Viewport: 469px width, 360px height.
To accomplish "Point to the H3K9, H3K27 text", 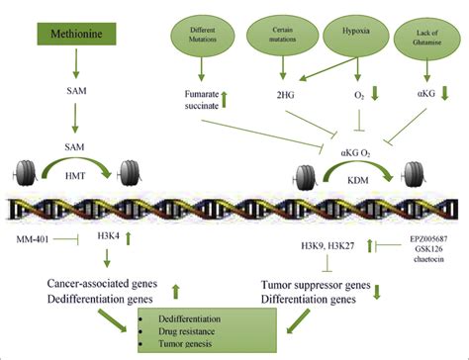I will (x=329, y=243).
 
